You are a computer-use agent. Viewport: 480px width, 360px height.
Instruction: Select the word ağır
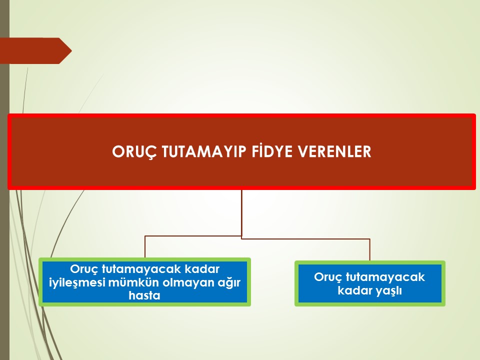(228, 282)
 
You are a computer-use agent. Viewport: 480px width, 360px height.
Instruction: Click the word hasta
(144, 295)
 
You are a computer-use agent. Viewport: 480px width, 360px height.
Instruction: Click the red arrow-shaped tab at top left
(36, 51)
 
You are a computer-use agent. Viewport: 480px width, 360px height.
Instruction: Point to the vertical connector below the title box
(241, 213)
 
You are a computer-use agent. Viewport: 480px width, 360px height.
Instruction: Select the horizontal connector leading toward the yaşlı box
(305, 239)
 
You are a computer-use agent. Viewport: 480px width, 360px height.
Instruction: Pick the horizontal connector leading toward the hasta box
(193, 236)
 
